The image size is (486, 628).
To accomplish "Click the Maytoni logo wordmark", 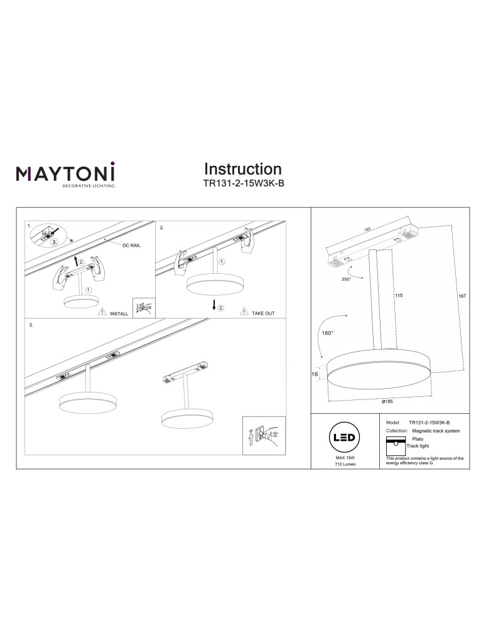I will pos(65,172).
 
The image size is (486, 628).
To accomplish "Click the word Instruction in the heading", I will pos(242,169).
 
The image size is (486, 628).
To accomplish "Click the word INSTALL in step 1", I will pos(119,313).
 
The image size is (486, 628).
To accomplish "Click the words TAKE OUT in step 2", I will pos(263,313).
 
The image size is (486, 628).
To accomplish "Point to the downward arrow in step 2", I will pos(214,305).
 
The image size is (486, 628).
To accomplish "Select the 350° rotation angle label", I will pos(346,279).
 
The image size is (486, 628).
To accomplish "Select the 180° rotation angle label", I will pos(327,333).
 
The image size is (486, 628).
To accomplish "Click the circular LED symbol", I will pos(345,438).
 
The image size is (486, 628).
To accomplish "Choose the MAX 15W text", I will pos(345,458).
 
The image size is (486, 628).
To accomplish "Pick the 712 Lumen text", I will pos(345,465).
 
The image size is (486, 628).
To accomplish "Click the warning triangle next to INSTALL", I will pos(100,312).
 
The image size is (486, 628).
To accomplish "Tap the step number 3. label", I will pos(31,326).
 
